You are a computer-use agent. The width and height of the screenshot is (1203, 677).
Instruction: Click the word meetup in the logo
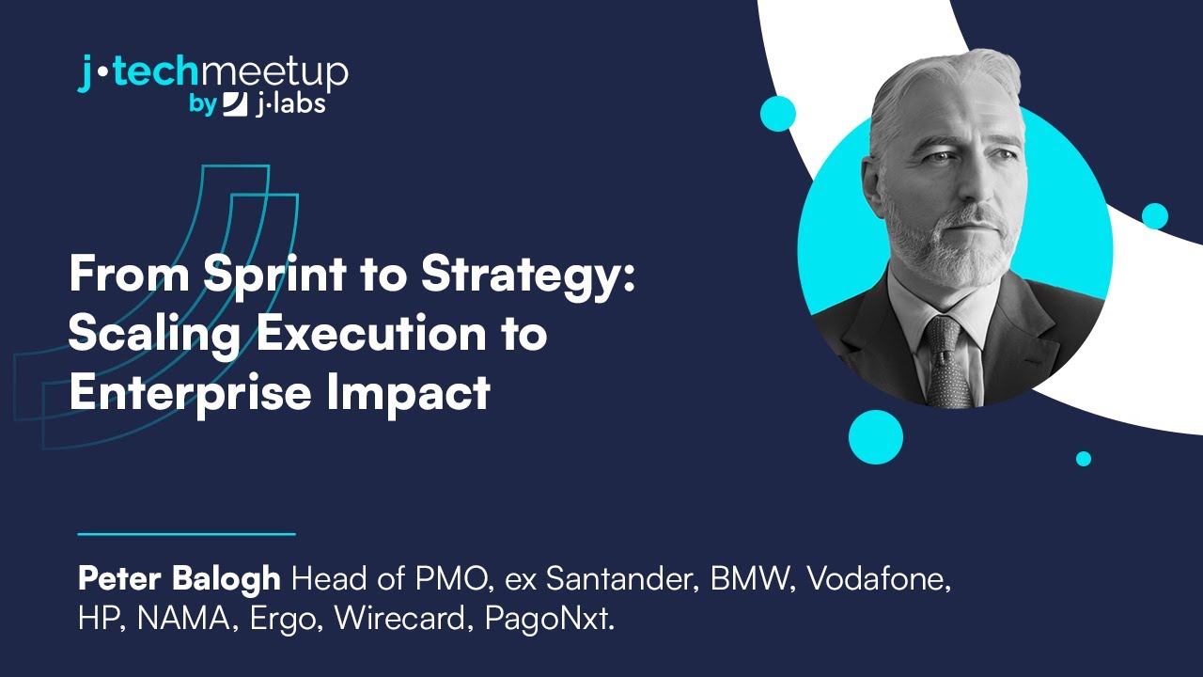pos(275,73)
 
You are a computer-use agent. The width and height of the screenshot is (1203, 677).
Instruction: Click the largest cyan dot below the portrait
pos(875,437)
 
